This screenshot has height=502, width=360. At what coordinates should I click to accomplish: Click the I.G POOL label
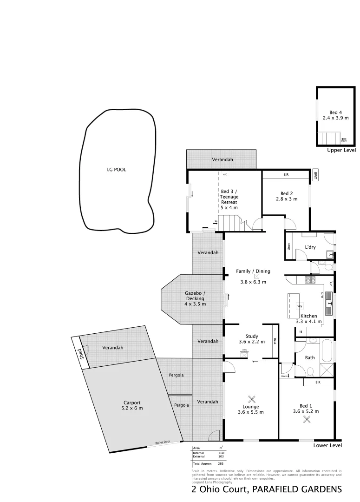click(x=116, y=170)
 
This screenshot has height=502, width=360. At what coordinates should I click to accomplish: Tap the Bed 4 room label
click(x=335, y=115)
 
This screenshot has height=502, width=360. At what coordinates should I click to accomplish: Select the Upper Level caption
click(x=341, y=150)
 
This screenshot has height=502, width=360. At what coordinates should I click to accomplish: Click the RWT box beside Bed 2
click(x=315, y=175)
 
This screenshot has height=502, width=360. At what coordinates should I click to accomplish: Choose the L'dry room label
click(x=310, y=247)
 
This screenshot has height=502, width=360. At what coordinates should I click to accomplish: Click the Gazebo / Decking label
click(x=195, y=298)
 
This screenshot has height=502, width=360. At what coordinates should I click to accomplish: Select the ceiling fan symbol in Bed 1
click(x=307, y=419)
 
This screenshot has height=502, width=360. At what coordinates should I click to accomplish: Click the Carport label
click(x=132, y=405)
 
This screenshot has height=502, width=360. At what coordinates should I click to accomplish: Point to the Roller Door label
click(x=163, y=443)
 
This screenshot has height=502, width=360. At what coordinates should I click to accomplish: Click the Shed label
click(x=83, y=355)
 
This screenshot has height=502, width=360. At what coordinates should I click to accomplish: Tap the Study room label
click(x=251, y=339)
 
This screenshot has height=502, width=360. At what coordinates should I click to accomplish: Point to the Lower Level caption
click(x=327, y=445)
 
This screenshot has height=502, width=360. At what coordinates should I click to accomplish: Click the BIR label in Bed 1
click(x=318, y=382)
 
